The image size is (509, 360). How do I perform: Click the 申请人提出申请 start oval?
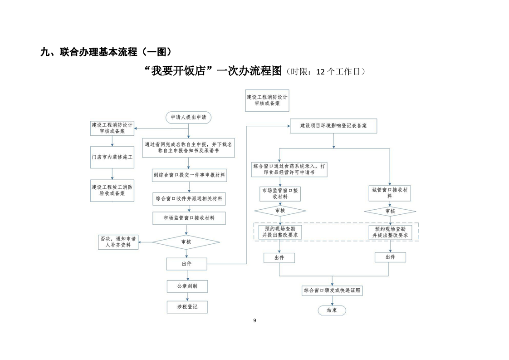pos(188,117)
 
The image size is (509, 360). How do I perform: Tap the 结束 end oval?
pos(332,311)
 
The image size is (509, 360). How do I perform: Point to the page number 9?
pos(254,321)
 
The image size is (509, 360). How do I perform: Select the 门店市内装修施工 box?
pos(112,158)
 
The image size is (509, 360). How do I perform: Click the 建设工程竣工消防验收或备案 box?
pos(112,190)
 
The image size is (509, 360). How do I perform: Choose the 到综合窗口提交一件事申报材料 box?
pos(189,175)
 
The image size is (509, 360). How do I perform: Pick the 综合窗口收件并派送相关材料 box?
pos(189,198)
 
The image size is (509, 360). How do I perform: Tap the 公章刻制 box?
pos(187,286)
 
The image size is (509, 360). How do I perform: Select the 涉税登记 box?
pos(187,307)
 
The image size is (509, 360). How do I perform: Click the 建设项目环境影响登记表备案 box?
pos(333,125)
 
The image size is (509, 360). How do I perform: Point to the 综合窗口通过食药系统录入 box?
pos(289,169)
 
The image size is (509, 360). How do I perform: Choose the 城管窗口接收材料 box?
pos(389,193)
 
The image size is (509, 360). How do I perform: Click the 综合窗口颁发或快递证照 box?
pos(332,290)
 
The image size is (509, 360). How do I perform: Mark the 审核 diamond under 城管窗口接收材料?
pos(390,211)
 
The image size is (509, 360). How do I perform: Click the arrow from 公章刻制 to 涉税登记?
pos(187,296)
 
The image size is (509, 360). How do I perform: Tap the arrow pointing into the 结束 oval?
pos(332,301)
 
